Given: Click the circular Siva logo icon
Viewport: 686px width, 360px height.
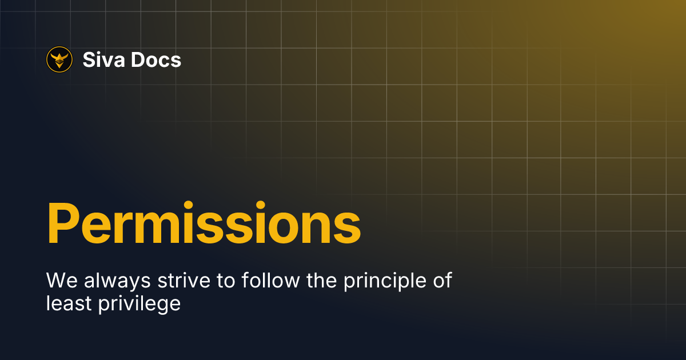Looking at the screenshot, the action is click(59, 59).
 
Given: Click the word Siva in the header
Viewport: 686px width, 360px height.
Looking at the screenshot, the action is click(104, 59).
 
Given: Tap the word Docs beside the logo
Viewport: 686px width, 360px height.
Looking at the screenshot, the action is click(156, 59).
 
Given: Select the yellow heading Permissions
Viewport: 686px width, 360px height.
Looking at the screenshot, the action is click(204, 222).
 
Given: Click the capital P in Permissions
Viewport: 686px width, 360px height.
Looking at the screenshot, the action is click(62, 222).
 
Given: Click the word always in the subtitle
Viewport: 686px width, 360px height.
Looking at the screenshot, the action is click(117, 281).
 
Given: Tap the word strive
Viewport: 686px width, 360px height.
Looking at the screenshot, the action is click(184, 280).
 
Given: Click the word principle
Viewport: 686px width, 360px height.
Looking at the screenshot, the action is click(385, 281).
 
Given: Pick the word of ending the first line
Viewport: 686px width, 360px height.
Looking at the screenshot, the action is click(442, 280).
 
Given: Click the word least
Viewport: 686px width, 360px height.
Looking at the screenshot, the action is click(69, 303).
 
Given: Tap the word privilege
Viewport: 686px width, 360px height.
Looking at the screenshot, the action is click(139, 304).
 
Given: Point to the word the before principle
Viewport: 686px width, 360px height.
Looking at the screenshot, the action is click(321, 280).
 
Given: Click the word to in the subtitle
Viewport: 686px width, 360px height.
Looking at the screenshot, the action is click(226, 281).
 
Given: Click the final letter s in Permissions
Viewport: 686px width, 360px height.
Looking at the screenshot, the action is click(348, 228).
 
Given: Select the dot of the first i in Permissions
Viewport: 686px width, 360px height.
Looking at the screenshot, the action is click(188, 206).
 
